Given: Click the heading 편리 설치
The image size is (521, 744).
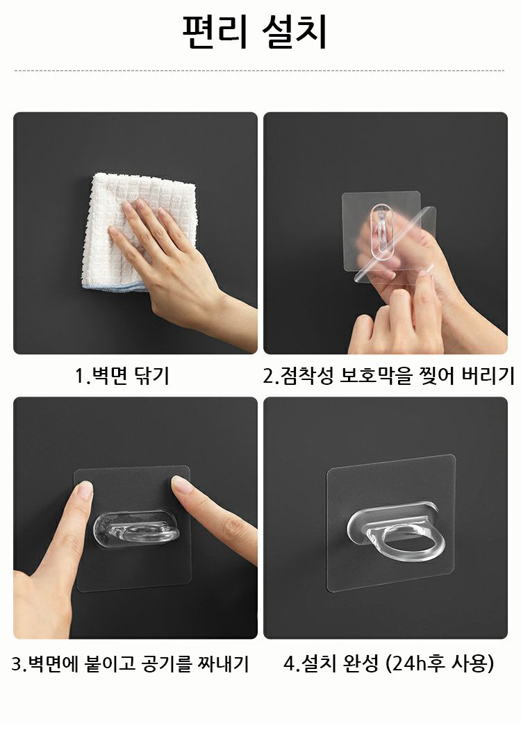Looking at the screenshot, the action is [255, 32].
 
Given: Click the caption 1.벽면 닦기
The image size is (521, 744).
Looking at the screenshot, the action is [122, 376].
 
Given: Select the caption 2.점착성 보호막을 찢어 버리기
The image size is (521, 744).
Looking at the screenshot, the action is [389, 376].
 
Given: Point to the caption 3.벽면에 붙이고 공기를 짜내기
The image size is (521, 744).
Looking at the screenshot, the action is [130, 663].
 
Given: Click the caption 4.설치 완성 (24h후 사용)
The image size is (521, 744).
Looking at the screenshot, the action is [389, 663].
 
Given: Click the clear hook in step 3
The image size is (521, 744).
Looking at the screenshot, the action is [137, 529].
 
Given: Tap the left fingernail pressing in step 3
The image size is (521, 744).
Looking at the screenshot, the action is [85, 489].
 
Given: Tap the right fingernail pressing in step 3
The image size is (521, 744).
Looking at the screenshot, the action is [181, 483].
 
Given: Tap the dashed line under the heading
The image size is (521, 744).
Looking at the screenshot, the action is [260, 71].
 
